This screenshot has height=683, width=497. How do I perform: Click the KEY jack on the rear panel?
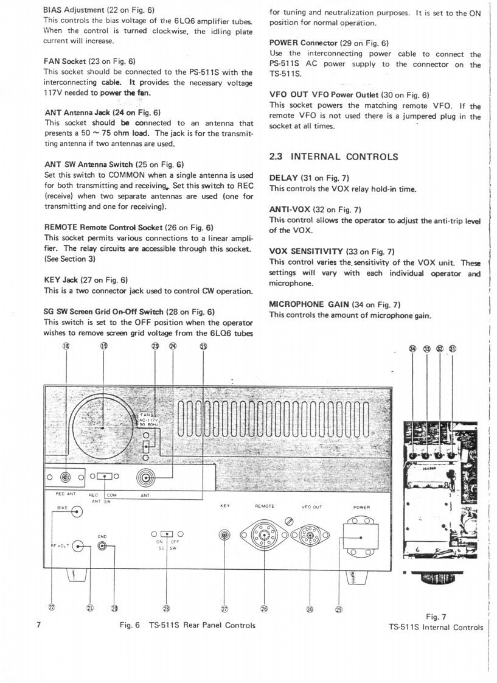(226, 534)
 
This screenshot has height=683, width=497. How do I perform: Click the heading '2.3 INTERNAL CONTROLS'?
(333, 156)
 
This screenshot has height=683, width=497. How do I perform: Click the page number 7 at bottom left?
(38, 625)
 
